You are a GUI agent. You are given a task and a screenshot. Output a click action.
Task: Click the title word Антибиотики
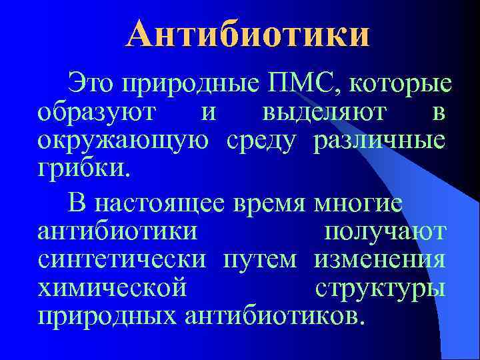(x=246, y=34)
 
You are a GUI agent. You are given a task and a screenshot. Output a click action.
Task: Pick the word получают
(x=385, y=231)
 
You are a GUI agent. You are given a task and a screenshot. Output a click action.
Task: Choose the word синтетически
(x=121, y=258)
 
